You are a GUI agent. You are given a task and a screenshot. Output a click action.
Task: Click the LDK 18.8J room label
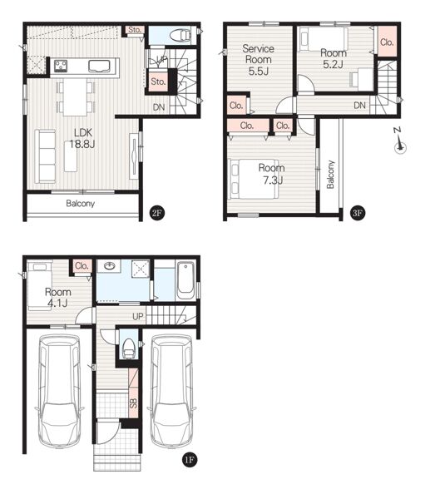pyautogui.click(x=82, y=138)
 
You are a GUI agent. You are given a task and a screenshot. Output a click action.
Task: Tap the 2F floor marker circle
pyautogui.click(x=157, y=213)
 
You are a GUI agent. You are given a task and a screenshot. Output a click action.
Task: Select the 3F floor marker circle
pyautogui.click(x=358, y=213)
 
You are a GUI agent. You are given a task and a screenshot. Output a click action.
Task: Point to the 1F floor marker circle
pyautogui.click(x=189, y=460)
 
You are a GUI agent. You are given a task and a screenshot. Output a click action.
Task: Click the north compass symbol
pyautogui.click(x=400, y=141)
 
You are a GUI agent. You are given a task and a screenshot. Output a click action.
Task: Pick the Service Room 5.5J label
pyautogui.click(x=259, y=60)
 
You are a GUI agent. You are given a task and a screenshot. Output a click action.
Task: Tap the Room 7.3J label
pyautogui.click(x=271, y=174)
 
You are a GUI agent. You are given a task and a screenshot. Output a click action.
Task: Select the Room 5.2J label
pyautogui.click(x=334, y=58)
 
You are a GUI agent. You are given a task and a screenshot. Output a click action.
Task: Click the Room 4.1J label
pyautogui.click(x=57, y=297)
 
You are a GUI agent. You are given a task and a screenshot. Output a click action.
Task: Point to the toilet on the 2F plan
pyautogui.click(x=180, y=35)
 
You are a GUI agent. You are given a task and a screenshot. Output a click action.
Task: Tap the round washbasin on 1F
pyautogui.click(x=109, y=265)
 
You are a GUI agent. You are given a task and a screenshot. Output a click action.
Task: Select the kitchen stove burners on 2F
pyautogui.click(x=61, y=66)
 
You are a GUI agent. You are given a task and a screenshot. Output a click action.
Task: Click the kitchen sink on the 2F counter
pyautogui.click(x=99, y=66)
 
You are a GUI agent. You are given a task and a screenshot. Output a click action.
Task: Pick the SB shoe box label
pyautogui.click(x=134, y=403)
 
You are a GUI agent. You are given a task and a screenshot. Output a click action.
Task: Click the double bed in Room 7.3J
pyautogui.click(x=254, y=179)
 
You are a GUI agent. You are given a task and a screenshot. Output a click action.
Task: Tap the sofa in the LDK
pyautogui.click(x=45, y=156)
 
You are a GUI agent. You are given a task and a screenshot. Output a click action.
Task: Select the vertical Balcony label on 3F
pyautogui.click(x=330, y=175)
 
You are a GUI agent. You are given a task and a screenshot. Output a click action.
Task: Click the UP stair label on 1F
pyautogui.click(x=138, y=316)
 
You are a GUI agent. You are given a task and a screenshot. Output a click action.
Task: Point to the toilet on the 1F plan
pyautogui.click(x=129, y=348)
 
